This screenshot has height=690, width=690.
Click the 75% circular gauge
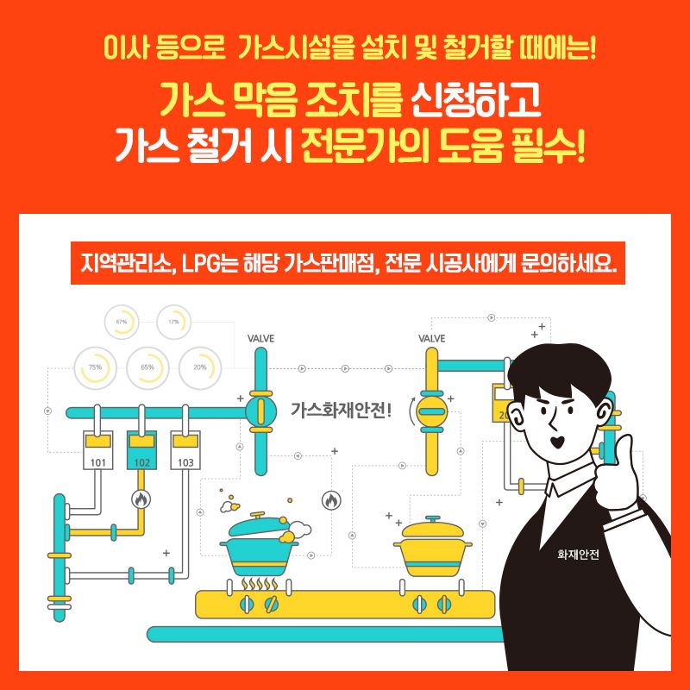point(96,368)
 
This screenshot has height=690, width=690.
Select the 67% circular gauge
point(122,322)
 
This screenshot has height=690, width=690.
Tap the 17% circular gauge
point(174,322)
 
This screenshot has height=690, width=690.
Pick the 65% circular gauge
point(147,368)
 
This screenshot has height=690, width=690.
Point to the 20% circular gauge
point(200,368)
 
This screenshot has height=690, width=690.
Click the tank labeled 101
point(97,449)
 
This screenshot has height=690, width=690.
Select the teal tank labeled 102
point(141,449)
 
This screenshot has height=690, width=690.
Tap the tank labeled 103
point(185,449)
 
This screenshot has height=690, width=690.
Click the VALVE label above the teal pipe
point(260,338)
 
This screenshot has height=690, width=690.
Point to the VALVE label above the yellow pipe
point(432,338)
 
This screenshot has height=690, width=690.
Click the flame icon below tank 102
point(141,499)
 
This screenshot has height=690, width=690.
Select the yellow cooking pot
point(433,547)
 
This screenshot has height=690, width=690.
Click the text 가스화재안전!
point(341,411)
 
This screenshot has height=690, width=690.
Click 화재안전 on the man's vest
point(578,555)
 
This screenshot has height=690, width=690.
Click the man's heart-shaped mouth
point(558,442)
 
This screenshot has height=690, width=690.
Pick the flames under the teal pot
point(260,584)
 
